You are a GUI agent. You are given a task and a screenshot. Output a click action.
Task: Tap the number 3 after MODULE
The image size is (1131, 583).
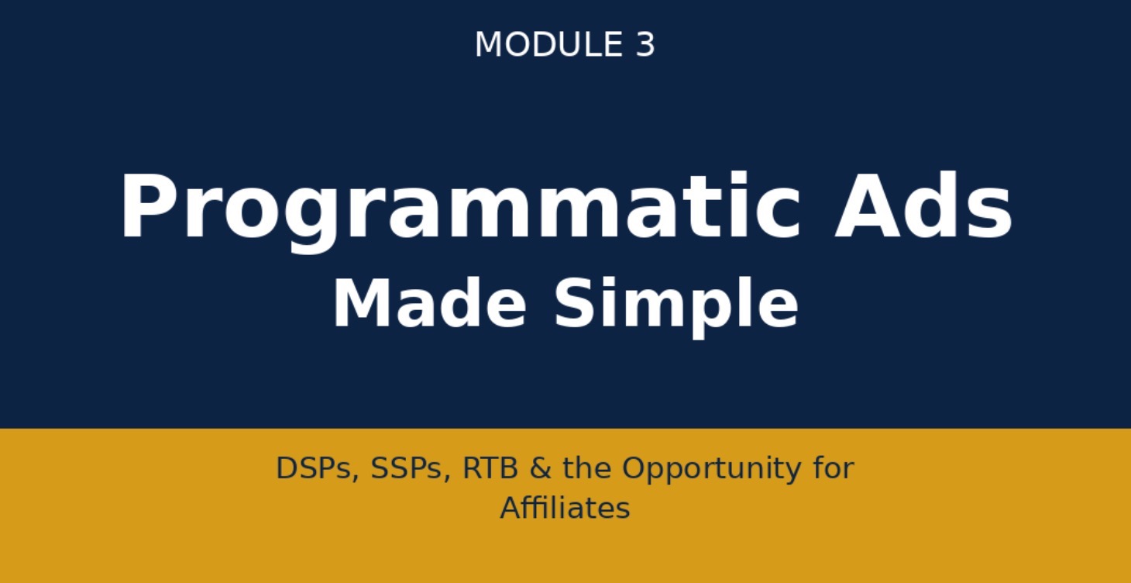(645, 45)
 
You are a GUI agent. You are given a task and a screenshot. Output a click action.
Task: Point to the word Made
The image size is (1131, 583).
(429, 304)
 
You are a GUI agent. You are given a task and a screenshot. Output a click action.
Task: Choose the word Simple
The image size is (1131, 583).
(676, 304)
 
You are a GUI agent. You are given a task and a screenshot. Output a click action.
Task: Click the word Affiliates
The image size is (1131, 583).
(565, 509)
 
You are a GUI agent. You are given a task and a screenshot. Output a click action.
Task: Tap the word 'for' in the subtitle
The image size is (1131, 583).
(834, 468)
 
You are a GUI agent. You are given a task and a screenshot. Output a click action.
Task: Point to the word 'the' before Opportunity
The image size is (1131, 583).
(588, 468)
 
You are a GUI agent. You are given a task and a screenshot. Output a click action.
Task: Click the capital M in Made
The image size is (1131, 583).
(358, 304)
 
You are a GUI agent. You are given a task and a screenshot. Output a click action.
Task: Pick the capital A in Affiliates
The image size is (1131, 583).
(510, 509)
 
